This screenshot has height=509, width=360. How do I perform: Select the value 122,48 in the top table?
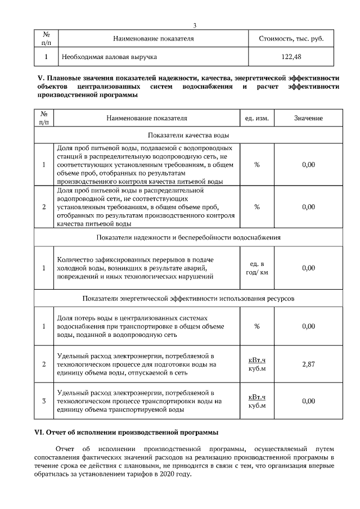click(292, 57)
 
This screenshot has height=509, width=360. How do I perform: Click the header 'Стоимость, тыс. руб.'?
click(292, 39)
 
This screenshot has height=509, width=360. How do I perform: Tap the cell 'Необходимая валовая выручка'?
click(109, 57)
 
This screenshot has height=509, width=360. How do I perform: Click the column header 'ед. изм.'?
click(257, 119)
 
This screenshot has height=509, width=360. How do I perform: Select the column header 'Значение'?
click(308, 119)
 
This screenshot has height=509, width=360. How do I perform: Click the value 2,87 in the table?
click(308, 364)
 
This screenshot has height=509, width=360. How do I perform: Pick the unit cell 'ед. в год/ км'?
click(257, 268)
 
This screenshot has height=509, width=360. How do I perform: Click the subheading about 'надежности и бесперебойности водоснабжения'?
click(188, 237)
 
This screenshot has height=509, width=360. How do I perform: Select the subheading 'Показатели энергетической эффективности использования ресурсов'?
click(188, 298)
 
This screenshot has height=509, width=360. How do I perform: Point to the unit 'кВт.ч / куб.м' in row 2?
click(257, 364)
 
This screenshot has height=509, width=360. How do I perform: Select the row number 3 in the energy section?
click(44, 401)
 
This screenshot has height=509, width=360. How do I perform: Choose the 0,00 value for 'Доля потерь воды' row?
click(308, 326)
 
